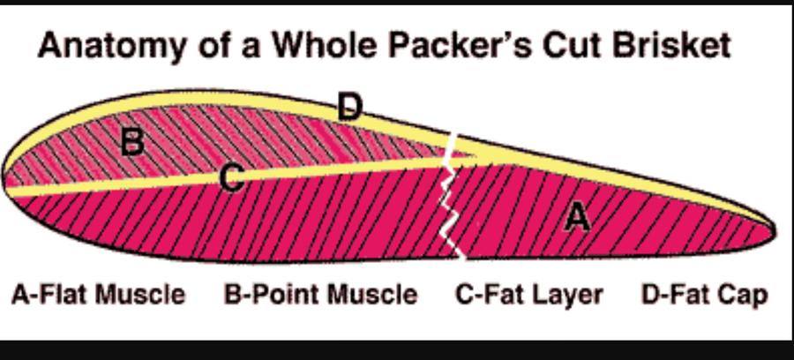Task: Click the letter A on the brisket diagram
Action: tap(577, 216)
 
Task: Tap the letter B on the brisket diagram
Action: tap(131, 140)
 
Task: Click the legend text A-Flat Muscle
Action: tap(98, 294)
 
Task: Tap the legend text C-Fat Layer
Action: tap(529, 294)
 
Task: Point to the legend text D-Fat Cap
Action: tap(704, 294)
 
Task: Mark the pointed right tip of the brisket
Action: tap(773, 231)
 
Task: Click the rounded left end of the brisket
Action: tap(9, 172)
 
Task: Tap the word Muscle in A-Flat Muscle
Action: tap(141, 294)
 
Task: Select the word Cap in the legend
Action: tap(746, 295)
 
